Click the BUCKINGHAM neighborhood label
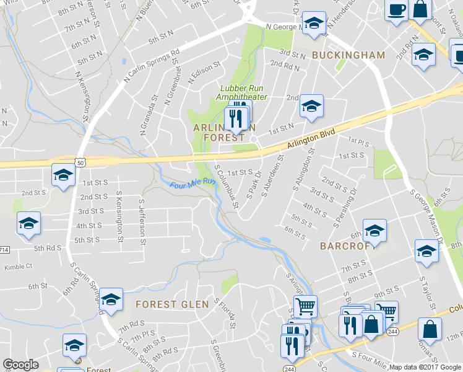(x=348, y=55)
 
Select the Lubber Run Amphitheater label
(x=241, y=92)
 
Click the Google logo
(x=21, y=365)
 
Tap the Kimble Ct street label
(x=17, y=267)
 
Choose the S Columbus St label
(x=225, y=186)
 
